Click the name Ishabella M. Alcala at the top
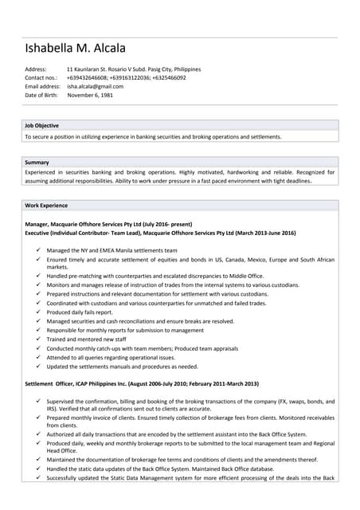coord(75,48)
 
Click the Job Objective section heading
coord(41,125)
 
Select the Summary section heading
coord(37,163)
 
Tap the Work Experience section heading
coord(46,206)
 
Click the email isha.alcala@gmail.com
coord(95,86)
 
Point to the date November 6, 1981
coord(90,95)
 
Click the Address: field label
coord(36,69)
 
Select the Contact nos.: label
coord(41,78)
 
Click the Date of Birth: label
coord(41,95)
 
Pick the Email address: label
coord(43,86)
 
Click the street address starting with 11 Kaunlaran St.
coord(134,69)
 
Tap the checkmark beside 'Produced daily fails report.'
coord(38,312)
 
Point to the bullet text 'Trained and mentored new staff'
coord(86,339)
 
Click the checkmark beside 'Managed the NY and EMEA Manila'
coord(38,250)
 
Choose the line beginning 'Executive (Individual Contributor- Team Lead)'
coord(160,233)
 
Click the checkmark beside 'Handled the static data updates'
coord(38,469)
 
